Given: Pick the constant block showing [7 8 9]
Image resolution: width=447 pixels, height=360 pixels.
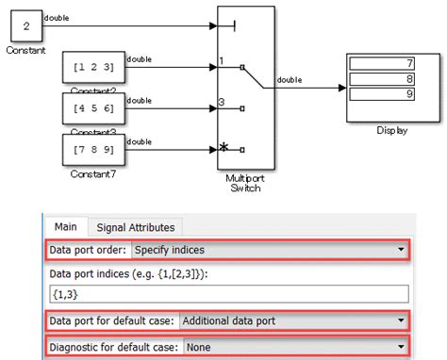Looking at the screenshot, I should [x=92, y=148].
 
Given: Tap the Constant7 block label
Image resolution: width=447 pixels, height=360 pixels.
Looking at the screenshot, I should [x=92, y=174].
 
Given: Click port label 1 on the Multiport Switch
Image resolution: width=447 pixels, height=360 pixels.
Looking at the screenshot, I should [x=222, y=62].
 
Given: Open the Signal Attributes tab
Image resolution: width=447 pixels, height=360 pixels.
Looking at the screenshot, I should [x=136, y=226].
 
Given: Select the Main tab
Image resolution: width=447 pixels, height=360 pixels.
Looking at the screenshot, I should [x=65, y=226].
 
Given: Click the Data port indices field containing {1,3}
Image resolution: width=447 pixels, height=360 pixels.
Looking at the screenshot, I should [x=226, y=293].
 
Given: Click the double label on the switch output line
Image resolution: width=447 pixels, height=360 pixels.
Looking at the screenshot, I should [x=290, y=80].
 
